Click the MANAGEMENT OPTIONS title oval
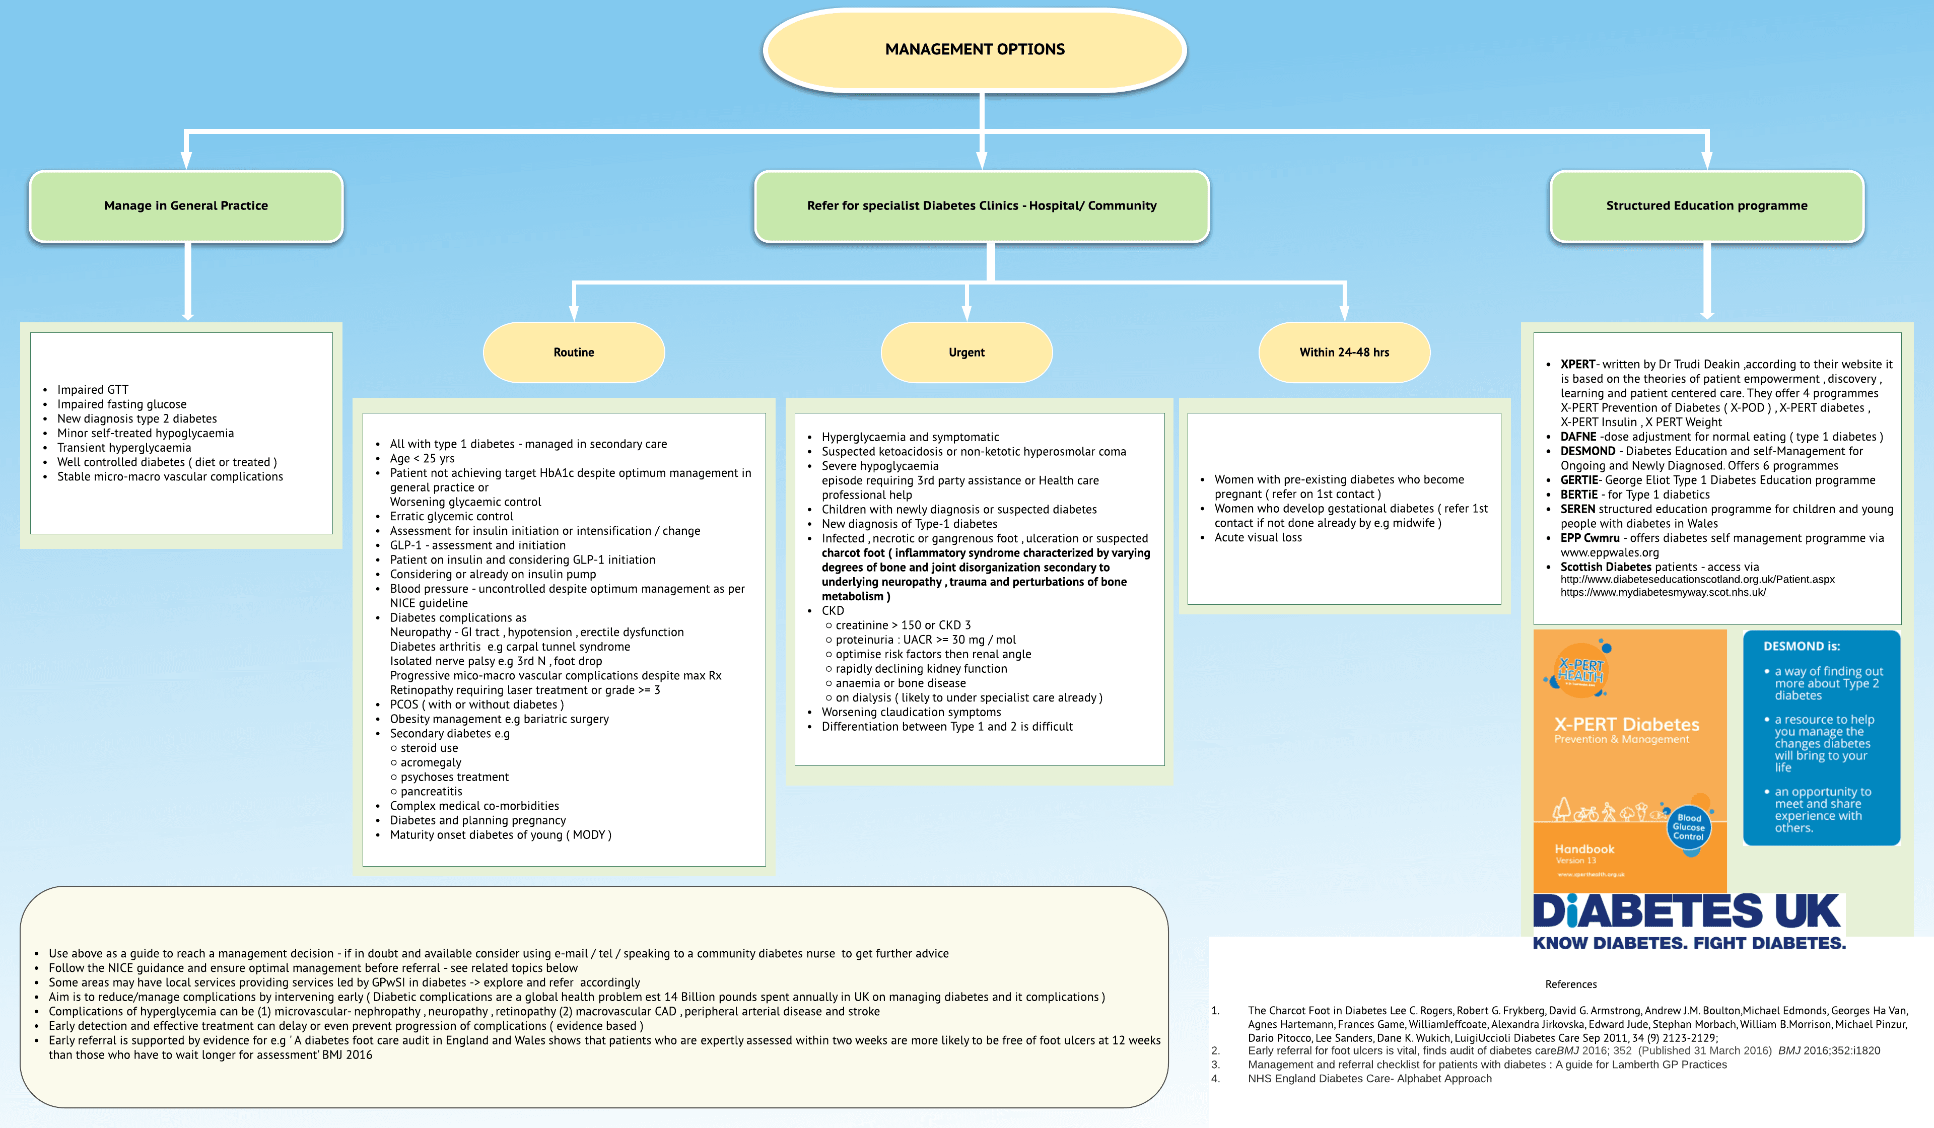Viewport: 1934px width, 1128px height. [975, 50]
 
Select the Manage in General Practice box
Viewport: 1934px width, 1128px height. [186, 205]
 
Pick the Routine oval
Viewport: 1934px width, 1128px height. [573, 352]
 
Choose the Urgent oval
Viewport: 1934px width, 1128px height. [966, 352]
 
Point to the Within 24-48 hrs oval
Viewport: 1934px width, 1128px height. [1344, 352]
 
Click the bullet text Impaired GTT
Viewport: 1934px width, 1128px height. [93, 390]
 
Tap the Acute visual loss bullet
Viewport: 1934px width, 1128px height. [1258, 537]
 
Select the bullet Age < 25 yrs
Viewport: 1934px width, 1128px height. [422, 458]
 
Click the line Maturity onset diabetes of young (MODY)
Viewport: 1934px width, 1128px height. [501, 835]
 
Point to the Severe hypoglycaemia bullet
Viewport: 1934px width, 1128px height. [879, 466]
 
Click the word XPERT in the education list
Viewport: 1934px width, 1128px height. [1577, 365]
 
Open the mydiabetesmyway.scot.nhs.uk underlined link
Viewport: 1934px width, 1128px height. [1663, 592]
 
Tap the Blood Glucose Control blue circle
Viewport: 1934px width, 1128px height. [1689, 827]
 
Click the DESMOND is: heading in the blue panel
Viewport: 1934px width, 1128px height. [1801, 646]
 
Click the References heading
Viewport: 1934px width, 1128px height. [1570, 984]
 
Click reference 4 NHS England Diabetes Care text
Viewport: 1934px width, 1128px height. [1369, 1078]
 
